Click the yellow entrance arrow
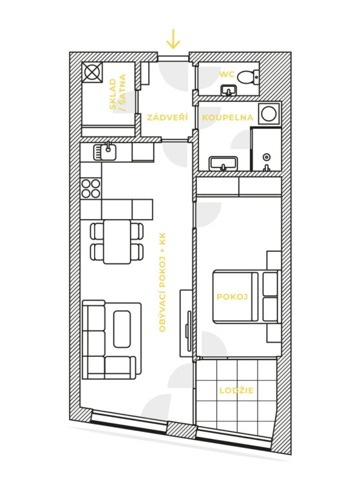click(173, 39)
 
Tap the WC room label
click(227, 75)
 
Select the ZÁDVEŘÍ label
click(167, 117)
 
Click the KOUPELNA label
click(227, 117)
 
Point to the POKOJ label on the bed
click(232, 296)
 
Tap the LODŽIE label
click(236, 390)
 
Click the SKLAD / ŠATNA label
click(118, 92)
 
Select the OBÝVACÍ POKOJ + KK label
click(162, 282)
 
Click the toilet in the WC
click(248, 77)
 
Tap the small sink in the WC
click(229, 90)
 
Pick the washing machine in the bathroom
click(269, 113)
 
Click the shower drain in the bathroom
click(267, 156)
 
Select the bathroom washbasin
click(223, 164)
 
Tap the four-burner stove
click(91, 188)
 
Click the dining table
click(117, 242)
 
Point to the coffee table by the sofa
click(122, 329)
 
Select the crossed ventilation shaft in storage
click(92, 72)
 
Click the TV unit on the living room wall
click(187, 323)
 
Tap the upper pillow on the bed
click(270, 284)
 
